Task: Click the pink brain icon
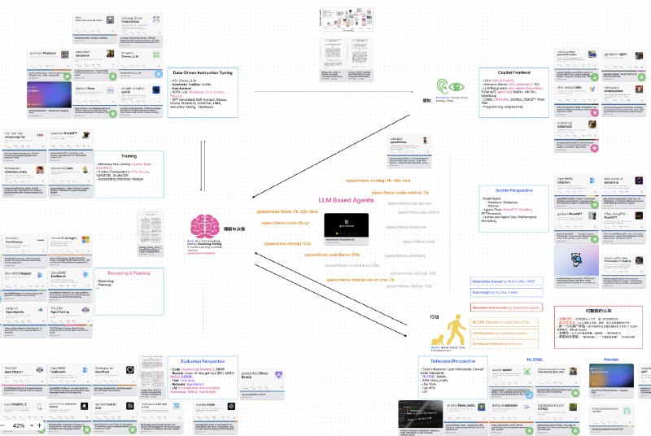pyautogui.click(x=204, y=226)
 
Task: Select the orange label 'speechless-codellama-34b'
pyautogui.click(x=331, y=254)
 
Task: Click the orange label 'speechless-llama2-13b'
pyautogui.click(x=286, y=242)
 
